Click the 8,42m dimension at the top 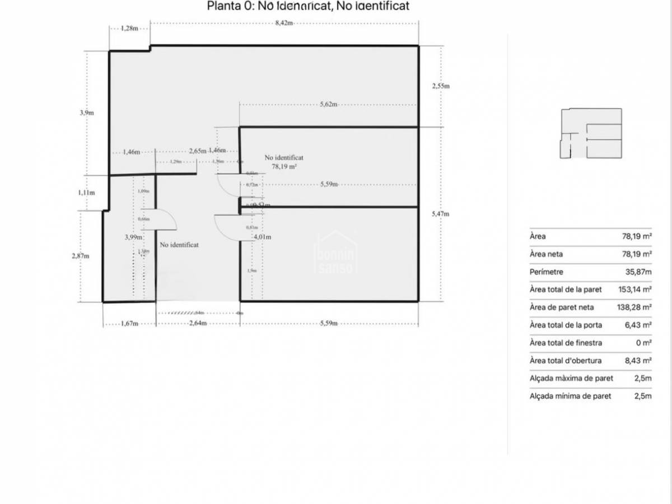[284, 23]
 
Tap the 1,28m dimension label [129, 29]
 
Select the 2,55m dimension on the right [441, 86]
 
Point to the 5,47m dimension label [441, 214]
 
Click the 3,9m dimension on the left [87, 113]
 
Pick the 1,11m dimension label [87, 193]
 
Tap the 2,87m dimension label [81, 256]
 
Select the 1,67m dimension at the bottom [129, 324]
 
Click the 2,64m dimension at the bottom [198, 324]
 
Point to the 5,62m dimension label [328, 104]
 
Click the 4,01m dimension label [263, 237]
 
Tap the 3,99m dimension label [133, 237]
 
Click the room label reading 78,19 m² [284, 166]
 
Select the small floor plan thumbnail [591, 134]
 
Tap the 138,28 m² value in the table [634, 307]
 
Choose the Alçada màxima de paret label [571, 378]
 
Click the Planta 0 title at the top [308, 7]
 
